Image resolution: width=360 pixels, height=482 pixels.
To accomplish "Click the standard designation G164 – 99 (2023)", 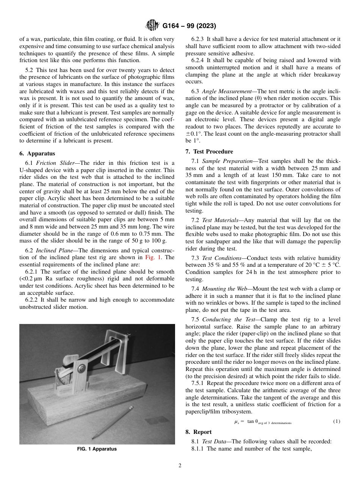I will pos(189,26).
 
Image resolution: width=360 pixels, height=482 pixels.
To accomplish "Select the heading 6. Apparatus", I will pos(37,154).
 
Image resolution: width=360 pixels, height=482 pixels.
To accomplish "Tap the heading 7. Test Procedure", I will pos(209,152).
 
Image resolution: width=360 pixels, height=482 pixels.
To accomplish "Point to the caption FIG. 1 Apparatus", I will pos(97,449).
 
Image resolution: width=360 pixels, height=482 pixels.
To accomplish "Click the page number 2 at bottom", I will pos(180,466).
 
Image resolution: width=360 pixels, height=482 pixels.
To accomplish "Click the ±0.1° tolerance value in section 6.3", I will pos(194,134).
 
